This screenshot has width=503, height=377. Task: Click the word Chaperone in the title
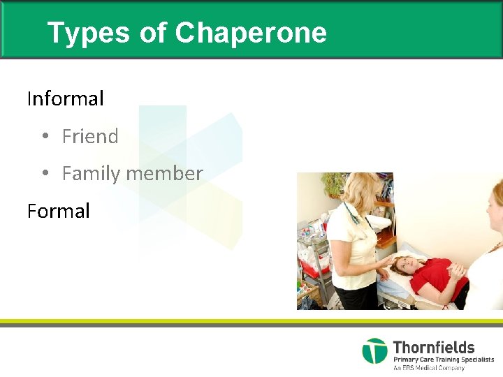251,33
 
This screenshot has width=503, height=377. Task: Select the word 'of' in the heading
152,33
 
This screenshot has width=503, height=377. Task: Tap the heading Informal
65,98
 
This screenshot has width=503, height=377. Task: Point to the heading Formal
59,211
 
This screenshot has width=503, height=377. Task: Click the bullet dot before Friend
44,136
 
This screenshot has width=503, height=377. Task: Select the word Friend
90,136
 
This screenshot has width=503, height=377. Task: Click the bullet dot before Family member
44,173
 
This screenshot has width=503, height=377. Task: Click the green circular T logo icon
374,350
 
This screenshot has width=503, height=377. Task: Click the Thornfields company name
433,347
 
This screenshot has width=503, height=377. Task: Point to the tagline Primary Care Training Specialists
443,360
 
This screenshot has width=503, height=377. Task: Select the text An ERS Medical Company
428,368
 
